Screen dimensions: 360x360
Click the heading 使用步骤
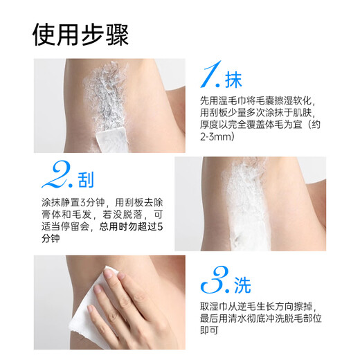[x=80, y=35]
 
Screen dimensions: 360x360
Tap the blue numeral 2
[x=57, y=174]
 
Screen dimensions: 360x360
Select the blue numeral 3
[x=215, y=280]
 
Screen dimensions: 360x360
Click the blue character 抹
[x=233, y=80]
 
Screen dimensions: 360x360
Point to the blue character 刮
[x=86, y=180]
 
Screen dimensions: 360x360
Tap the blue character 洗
[x=242, y=285]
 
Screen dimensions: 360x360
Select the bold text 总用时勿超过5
[x=131, y=226]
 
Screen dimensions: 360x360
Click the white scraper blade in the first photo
[x=111, y=141]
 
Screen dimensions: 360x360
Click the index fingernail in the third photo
[x=108, y=273]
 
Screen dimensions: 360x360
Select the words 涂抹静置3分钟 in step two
[x=73, y=202]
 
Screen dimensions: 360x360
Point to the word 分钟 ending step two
[x=51, y=238]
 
